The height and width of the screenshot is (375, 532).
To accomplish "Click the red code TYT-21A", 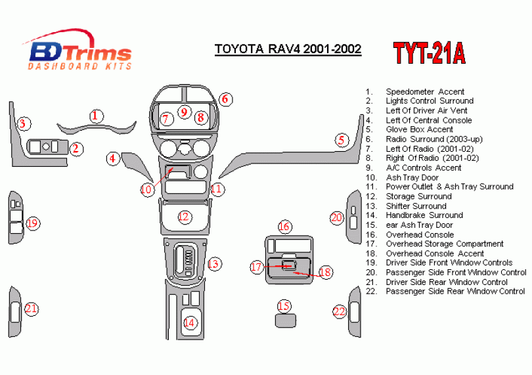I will pyautogui.click(x=429, y=53).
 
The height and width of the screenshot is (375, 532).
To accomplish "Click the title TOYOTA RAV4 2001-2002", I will pyautogui.click(x=288, y=49).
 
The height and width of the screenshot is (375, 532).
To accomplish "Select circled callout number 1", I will pyautogui.click(x=97, y=116).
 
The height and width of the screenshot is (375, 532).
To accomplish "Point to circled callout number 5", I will pyautogui.click(x=341, y=139).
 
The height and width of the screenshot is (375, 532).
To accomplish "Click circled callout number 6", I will pyautogui.click(x=225, y=99).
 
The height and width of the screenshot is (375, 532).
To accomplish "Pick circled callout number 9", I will pyautogui.click(x=184, y=112).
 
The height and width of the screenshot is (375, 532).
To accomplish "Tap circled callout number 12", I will pyautogui.click(x=184, y=215).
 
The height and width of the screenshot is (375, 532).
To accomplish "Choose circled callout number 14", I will pyautogui.click(x=189, y=322).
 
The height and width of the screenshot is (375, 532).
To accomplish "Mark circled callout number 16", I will pyautogui.click(x=283, y=227).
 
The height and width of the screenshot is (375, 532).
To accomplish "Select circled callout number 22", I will pyautogui.click(x=339, y=311).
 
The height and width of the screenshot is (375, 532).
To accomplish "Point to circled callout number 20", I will pyautogui.click(x=336, y=217).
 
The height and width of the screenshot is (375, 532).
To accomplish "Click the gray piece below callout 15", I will pyautogui.click(x=284, y=320).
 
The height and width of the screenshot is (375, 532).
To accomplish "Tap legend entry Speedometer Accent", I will pyautogui.click(x=424, y=91).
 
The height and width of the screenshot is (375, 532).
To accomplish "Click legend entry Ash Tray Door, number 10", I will pyautogui.click(x=412, y=177).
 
